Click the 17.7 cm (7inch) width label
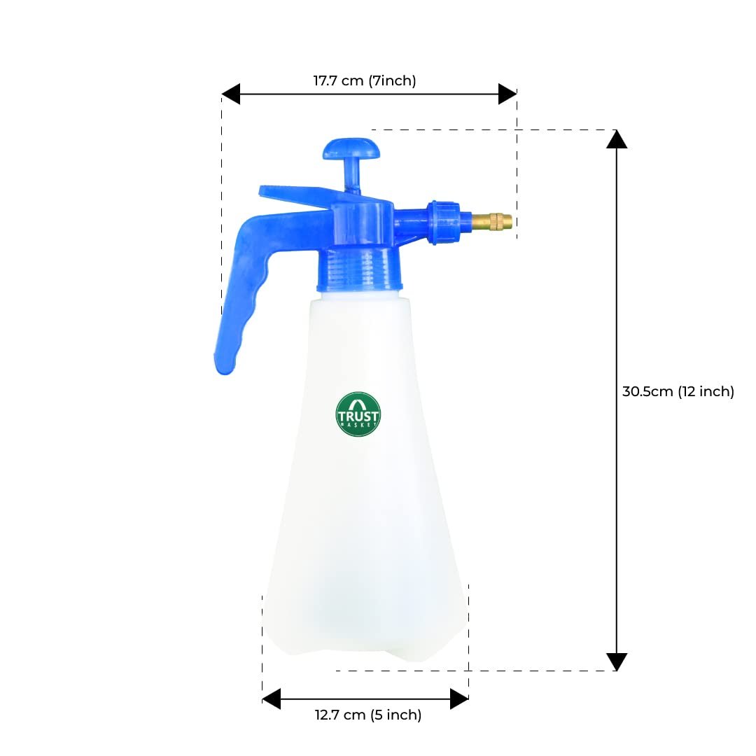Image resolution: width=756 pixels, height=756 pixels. (365, 80)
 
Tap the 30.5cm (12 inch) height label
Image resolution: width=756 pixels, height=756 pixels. (678, 391)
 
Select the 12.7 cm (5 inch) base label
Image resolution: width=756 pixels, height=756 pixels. (368, 715)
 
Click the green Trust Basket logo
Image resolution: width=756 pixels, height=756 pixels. (358, 414)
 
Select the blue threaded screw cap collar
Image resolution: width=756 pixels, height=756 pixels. (360, 270)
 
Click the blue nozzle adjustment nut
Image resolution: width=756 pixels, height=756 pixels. (442, 223)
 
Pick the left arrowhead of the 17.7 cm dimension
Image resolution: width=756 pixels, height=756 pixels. (231, 94)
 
